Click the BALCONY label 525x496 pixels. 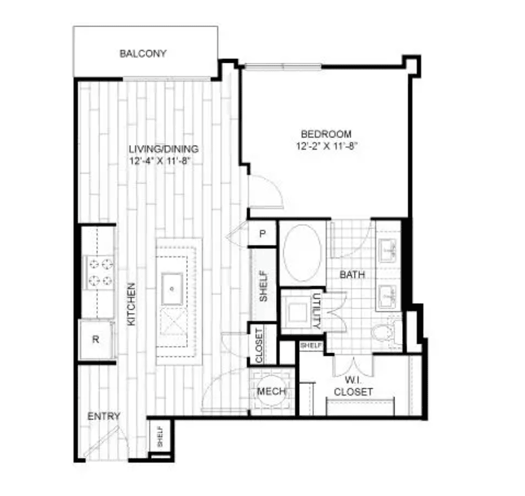coord(143,54)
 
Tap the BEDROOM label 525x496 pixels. coord(326,134)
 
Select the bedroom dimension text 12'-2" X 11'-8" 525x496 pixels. coord(327,146)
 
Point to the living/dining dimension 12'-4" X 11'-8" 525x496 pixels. coord(160,161)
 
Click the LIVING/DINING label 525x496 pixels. coord(164,149)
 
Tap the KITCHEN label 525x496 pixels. coord(132,304)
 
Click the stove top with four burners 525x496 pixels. coord(100,272)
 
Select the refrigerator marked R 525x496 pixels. coord(96,340)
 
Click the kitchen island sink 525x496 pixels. coord(172,289)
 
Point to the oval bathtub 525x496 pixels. coord(303,253)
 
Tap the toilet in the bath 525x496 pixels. coord(385,332)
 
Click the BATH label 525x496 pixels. coord(352,275)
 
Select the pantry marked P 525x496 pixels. coord(262,233)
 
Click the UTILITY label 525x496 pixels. coord(317,311)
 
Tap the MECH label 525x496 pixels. coord(271,391)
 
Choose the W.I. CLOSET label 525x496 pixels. coord(353,386)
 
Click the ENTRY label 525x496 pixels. coord(104,416)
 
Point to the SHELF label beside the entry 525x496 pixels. coord(160,436)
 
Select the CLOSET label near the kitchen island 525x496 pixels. coord(259,345)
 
